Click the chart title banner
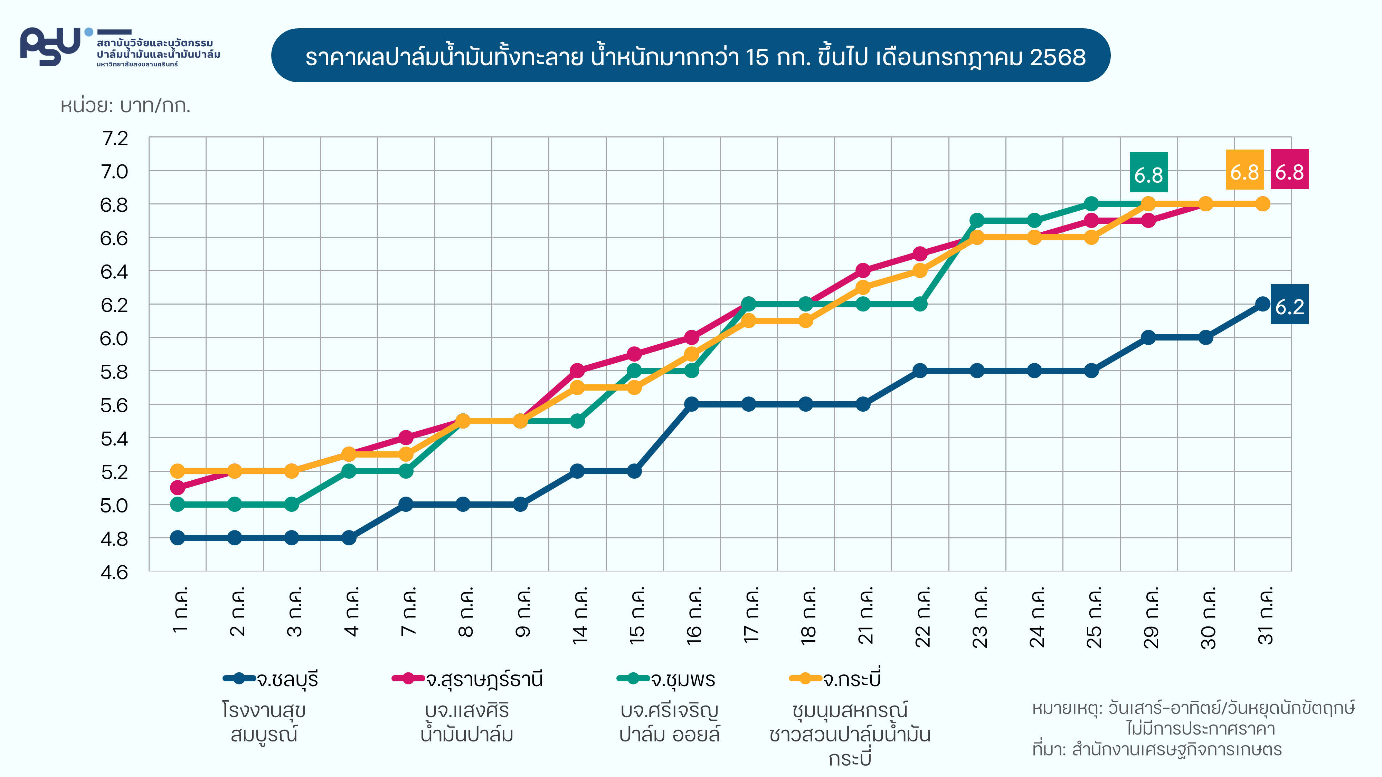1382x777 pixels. pyautogui.click(x=690, y=56)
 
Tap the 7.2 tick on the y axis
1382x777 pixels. pyautogui.click(x=114, y=138)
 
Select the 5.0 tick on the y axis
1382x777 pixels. pyautogui.click(x=114, y=505)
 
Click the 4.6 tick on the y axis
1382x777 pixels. pyautogui.click(x=114, y=572)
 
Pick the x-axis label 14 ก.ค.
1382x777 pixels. pyautogui.click(x=579, y=616)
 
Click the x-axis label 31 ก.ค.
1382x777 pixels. pyautogui.click(x=1265, y=616)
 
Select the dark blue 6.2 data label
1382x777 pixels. pyautogui.click(x=1289, y=305)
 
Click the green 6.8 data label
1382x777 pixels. pyautogui.click(x=1148, y=173)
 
